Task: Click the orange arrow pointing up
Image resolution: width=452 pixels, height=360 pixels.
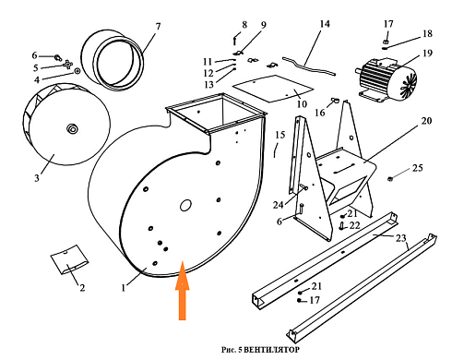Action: click(x=183, y=291)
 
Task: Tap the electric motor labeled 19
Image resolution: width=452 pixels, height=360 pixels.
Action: click(x=387, y=79)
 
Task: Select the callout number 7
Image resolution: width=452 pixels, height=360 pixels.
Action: click(x=158, y=27)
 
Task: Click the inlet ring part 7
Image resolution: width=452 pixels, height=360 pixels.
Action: click(x=113, y=60)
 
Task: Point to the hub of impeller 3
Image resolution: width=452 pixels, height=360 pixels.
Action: click(x=73, y=127)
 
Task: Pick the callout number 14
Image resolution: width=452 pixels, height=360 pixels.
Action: click(x=325, y=24)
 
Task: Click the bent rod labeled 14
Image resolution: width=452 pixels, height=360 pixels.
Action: click(x=309, y=66)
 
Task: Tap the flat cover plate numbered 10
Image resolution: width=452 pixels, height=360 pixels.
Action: click(x=273, y=88)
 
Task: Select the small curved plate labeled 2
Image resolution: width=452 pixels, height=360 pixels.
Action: click(x=69, y=259)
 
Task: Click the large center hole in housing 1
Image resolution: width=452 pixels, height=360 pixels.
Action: click(x=185, y=205)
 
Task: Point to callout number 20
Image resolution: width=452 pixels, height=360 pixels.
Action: click(x=426, y=121)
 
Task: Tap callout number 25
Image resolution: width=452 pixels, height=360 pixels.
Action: click(x=417, y=168)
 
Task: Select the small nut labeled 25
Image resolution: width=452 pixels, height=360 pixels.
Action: click(x=390, y=178)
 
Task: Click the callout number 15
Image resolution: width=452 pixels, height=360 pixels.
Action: click(x=280, y=135)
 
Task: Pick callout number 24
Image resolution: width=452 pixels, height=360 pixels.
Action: click(x=278, y=205)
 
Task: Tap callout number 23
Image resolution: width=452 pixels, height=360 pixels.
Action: click(x=400, y=238)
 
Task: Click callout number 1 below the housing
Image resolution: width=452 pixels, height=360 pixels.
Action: click(x=124, y=288)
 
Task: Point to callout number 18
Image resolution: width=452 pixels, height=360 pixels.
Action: click(x=427, y=33)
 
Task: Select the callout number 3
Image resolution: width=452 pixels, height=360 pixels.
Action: click(x=37, y=178)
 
